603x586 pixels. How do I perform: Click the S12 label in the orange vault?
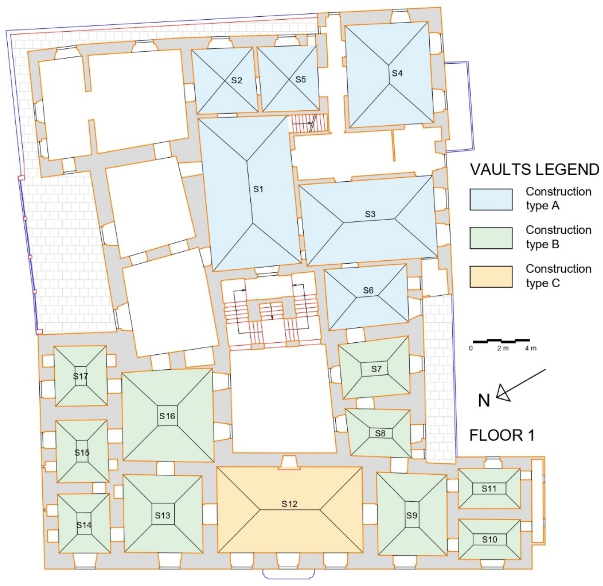point(289,504)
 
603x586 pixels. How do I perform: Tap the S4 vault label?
point(397,73)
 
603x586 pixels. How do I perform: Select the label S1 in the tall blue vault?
point(258,189)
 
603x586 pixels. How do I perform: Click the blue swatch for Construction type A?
point(491,199)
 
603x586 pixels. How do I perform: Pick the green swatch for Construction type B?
point(491,238)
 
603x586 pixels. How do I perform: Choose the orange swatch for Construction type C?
point(491,277)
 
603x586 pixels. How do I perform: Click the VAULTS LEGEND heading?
point(535,170)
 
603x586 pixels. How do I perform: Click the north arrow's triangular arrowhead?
point(502,394)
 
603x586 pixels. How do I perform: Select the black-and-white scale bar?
point(501,341)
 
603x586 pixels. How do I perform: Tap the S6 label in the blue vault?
point(368,290)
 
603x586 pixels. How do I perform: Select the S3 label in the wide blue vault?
point(370,214)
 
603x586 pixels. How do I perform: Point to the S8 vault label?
point(380,433)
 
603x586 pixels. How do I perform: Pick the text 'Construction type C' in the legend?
point(558,276)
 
